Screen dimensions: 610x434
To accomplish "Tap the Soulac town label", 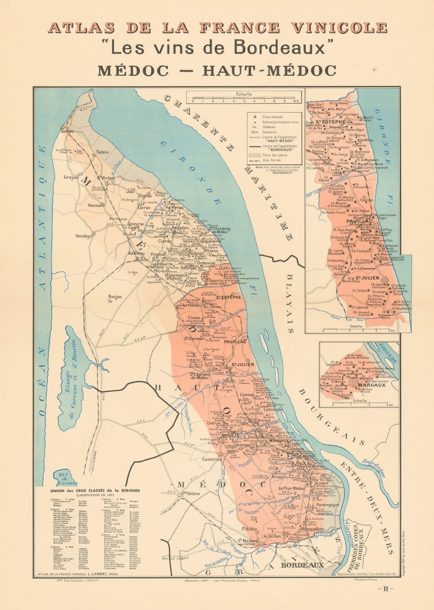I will coord(67,131).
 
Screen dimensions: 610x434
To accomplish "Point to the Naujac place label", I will coord(115,297).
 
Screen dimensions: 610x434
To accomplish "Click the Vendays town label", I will coord(84,236).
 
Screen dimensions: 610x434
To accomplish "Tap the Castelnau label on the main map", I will coord(212,459).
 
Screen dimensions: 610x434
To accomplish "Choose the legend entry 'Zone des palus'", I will coord(275,155).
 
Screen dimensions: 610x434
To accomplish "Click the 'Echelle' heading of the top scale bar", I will coord(244,94).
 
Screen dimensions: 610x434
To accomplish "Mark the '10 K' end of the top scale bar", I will coord(296,101).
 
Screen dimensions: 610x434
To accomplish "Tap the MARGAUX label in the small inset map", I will coord(371,385).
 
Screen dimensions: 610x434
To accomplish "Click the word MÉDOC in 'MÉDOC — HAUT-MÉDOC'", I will coord(133,71).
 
